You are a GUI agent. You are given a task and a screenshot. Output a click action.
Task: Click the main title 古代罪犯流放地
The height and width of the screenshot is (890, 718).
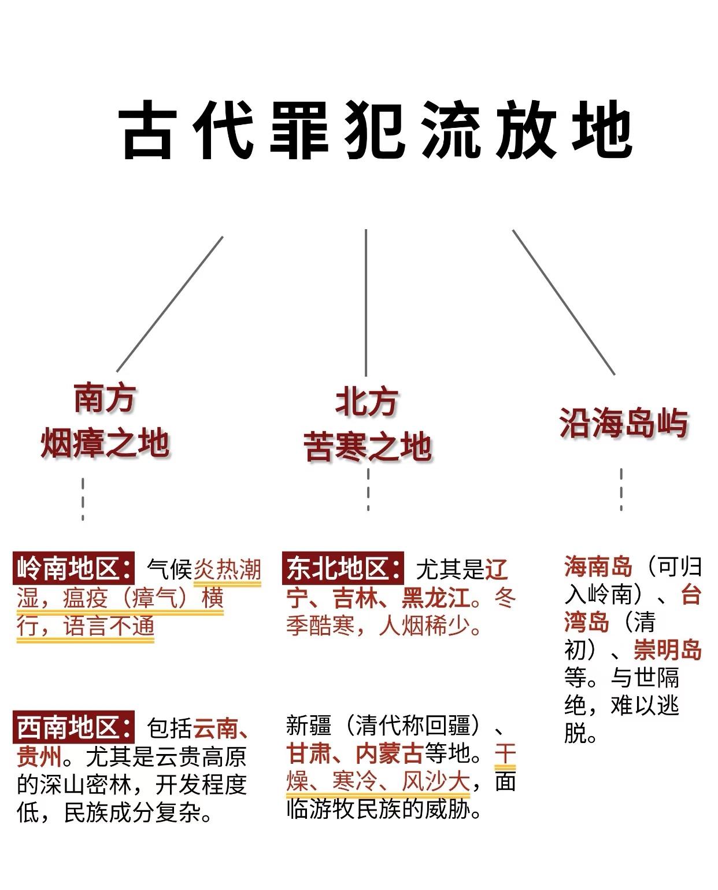[x=377, y=130]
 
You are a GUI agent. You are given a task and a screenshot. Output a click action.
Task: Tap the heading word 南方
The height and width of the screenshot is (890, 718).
[x=105, y=398]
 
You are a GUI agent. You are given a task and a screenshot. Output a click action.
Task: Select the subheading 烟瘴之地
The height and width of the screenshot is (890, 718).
[x=105, y=443]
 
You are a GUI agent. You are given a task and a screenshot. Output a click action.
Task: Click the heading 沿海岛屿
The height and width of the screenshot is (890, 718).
[x=623, y=423]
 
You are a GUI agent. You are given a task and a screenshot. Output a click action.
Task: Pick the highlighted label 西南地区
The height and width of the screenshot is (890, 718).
[x=73, y=727]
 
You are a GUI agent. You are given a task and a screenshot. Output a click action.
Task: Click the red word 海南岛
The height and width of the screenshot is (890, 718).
[x=598, y=567]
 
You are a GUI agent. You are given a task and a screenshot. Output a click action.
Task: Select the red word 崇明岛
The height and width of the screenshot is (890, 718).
[x=667, y=650]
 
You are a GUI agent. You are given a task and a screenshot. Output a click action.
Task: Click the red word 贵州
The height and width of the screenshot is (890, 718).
[x=39, y=756]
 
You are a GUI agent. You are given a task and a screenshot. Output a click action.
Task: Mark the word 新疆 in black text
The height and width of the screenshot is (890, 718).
[x=309, y=726]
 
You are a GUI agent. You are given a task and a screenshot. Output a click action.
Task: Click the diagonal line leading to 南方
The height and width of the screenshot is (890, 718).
[x=169, y=304]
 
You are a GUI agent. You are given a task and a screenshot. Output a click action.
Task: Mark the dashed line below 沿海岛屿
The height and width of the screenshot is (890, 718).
[x=621, y=490]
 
